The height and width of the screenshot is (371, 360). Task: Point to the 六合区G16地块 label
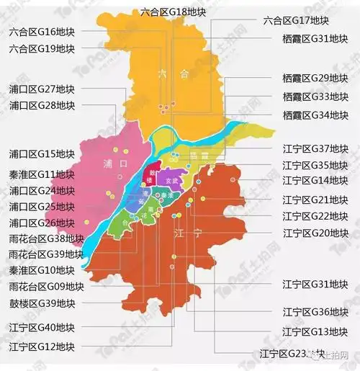click(x=42, y=32)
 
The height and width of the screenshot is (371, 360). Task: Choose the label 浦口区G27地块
click(x=42, y=89)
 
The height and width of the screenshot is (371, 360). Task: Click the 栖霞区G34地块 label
click(x=315, y=115)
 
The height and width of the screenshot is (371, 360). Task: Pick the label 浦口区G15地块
click(x=42, y=153)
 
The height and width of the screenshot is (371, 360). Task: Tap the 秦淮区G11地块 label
click(x=42, y=174)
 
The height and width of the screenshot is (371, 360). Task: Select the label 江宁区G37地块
click(x=315, y=148)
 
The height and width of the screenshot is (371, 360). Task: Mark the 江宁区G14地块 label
click(x=315, y=180)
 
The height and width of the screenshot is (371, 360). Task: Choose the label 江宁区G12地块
click(x=42, y=347)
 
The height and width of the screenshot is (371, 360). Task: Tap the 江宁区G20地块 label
click(x=315, y=232)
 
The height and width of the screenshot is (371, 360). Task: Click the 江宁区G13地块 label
click(x=315, y=331)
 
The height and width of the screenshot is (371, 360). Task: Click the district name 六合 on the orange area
click(x=174, y=73)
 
